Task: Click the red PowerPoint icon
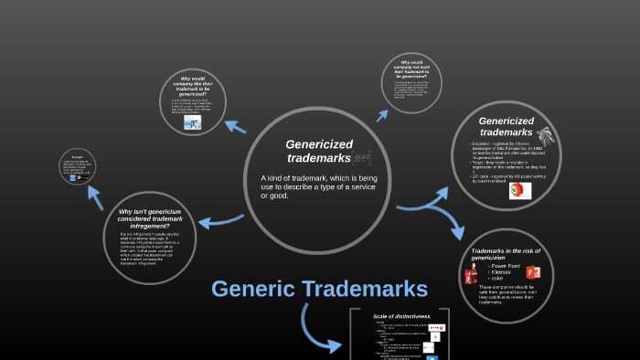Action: tap(533, 272)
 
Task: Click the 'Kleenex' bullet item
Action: tap(501, 272)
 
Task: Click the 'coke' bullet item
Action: tap(498, 279)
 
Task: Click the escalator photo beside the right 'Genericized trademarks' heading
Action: tap(547, 136)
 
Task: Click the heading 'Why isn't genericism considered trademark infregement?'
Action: tap(150, 218)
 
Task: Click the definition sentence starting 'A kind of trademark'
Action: tap(318, 186)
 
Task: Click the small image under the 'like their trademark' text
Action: tap(192, 122)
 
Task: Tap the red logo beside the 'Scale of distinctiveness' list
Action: tap(435, 324)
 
